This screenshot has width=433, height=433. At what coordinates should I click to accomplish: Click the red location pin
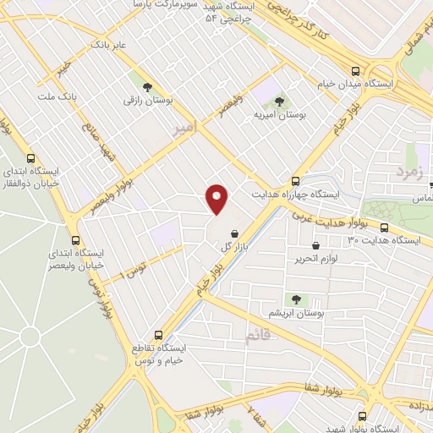217,199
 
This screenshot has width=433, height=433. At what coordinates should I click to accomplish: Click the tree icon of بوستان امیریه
280,101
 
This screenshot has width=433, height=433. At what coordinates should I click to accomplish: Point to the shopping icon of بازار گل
233,233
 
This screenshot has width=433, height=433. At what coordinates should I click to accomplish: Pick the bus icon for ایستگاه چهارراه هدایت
295,181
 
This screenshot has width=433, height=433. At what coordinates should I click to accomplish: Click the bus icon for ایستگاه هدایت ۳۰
385,227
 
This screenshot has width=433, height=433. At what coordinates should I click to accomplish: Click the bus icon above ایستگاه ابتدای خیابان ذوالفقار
30,158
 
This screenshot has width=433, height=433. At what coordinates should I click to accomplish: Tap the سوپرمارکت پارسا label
165,4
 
